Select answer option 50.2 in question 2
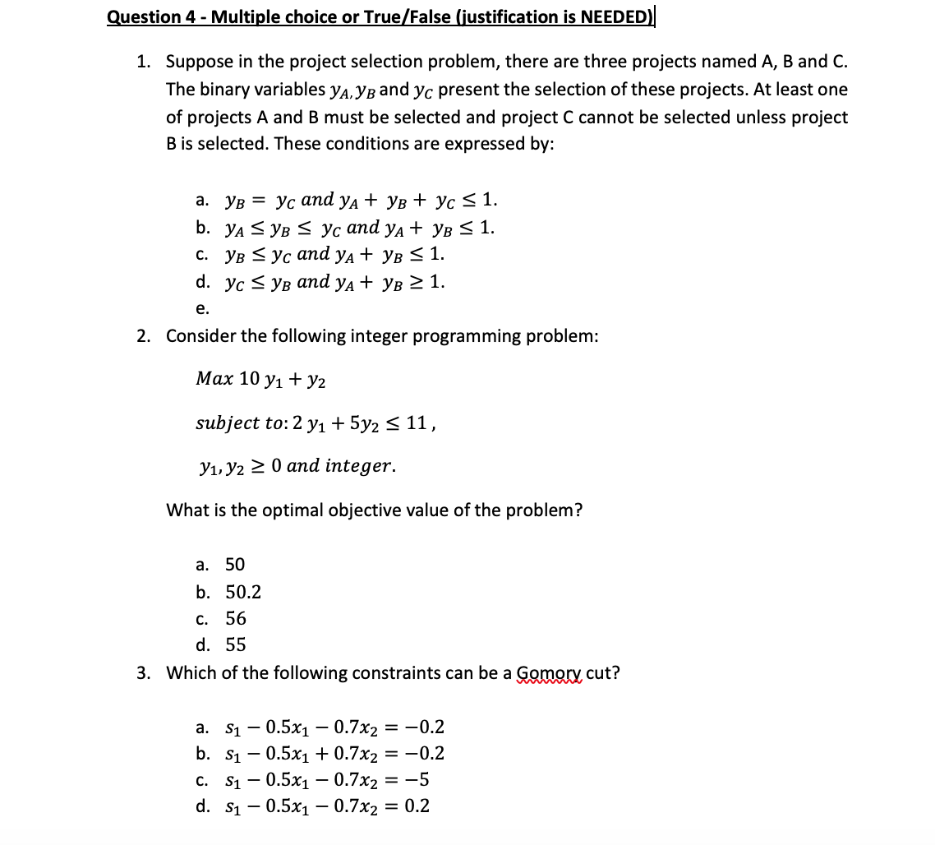pos(243,592)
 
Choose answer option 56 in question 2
pos(236,618)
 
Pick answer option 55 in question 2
pos(236,644)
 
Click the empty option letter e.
pos(202,309)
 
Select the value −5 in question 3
pos(417,779)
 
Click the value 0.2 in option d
pos(417,806)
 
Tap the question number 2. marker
pos(144,336)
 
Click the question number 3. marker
pos(144,673)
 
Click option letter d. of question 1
pos(202,282)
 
